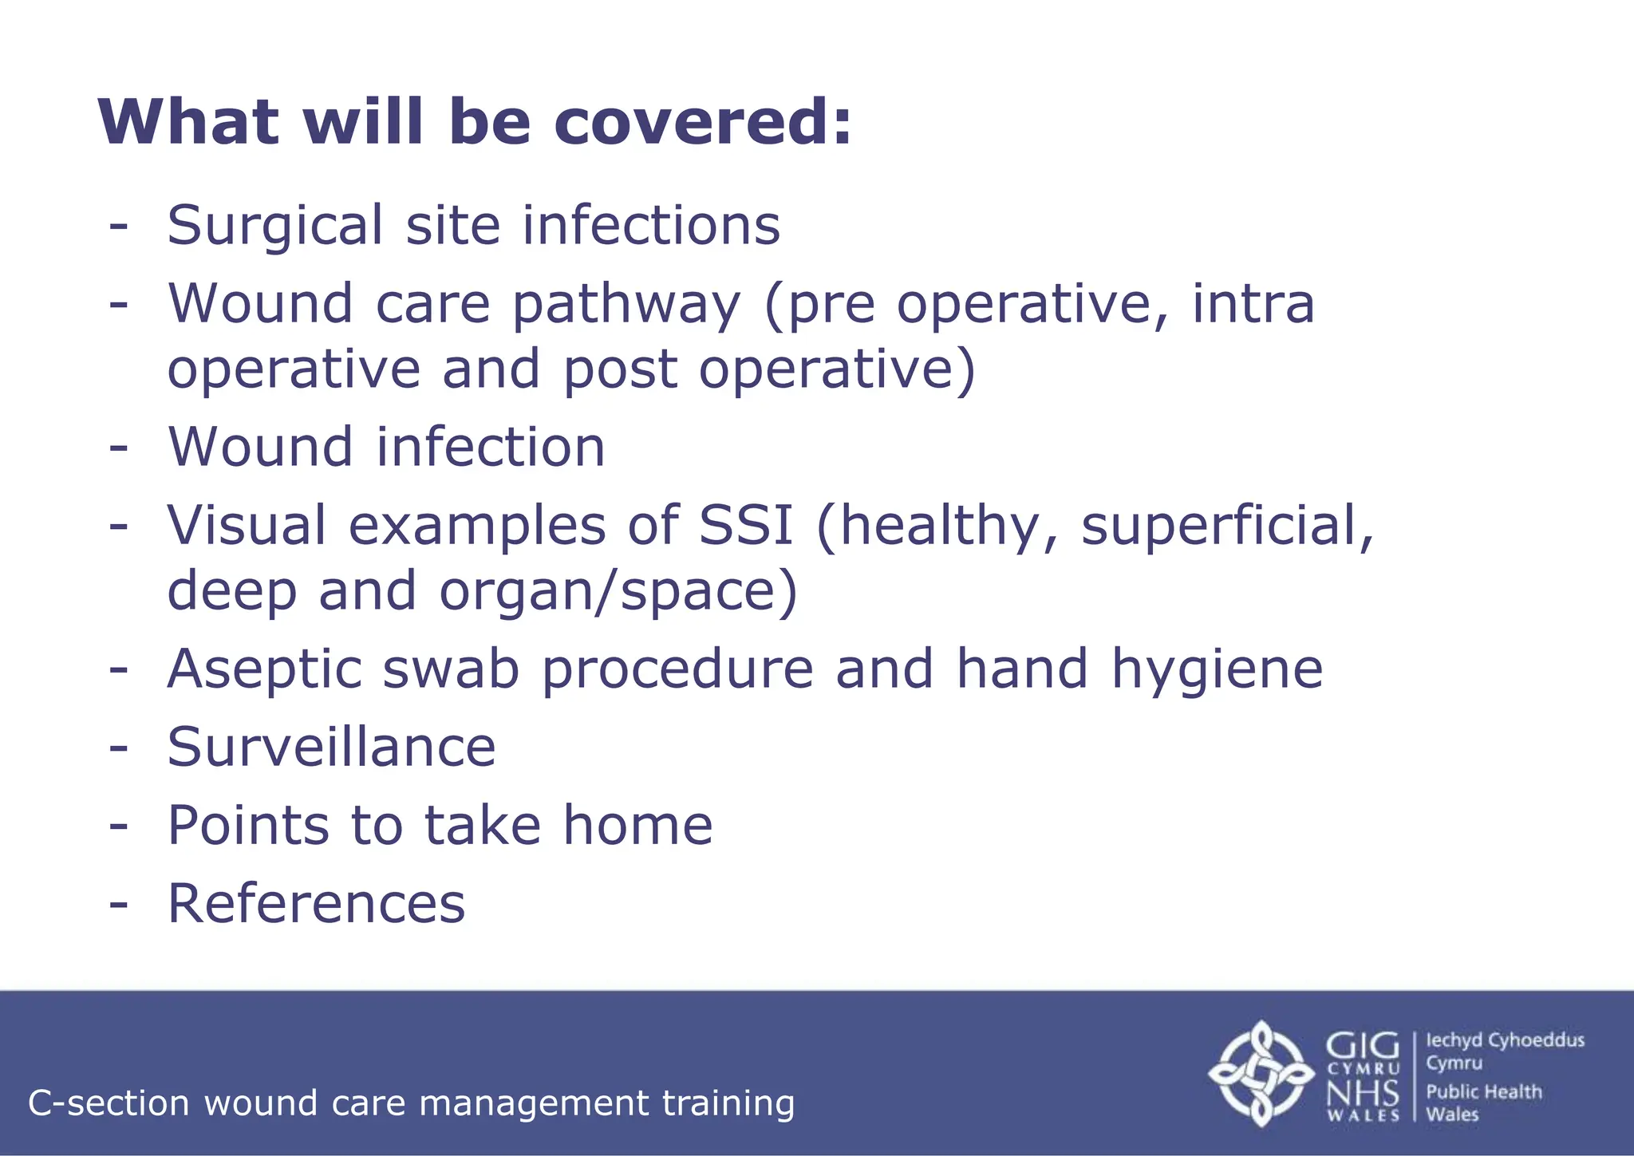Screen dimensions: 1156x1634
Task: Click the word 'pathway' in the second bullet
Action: click(x=626, y=306)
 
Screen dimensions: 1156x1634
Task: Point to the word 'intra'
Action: click(x=1253, y=305)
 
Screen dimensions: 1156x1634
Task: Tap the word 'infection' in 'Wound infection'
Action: click(x=491, y=447)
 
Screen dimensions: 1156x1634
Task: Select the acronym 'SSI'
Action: click(x=746, y=526)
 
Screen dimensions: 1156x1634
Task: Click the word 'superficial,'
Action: click(x=1227, y=526)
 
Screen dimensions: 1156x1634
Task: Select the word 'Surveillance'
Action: click(x=331, y=748)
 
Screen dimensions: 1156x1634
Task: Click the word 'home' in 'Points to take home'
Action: click(x=637, y=826)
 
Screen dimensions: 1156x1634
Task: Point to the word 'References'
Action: click(x=316, y=904)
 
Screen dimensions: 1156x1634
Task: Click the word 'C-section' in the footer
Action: click(x=109, y=1104)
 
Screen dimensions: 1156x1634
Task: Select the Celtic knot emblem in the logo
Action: click(x=1261, y=1073)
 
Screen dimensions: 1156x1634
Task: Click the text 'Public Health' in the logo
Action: click(x=1483, y=1092)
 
